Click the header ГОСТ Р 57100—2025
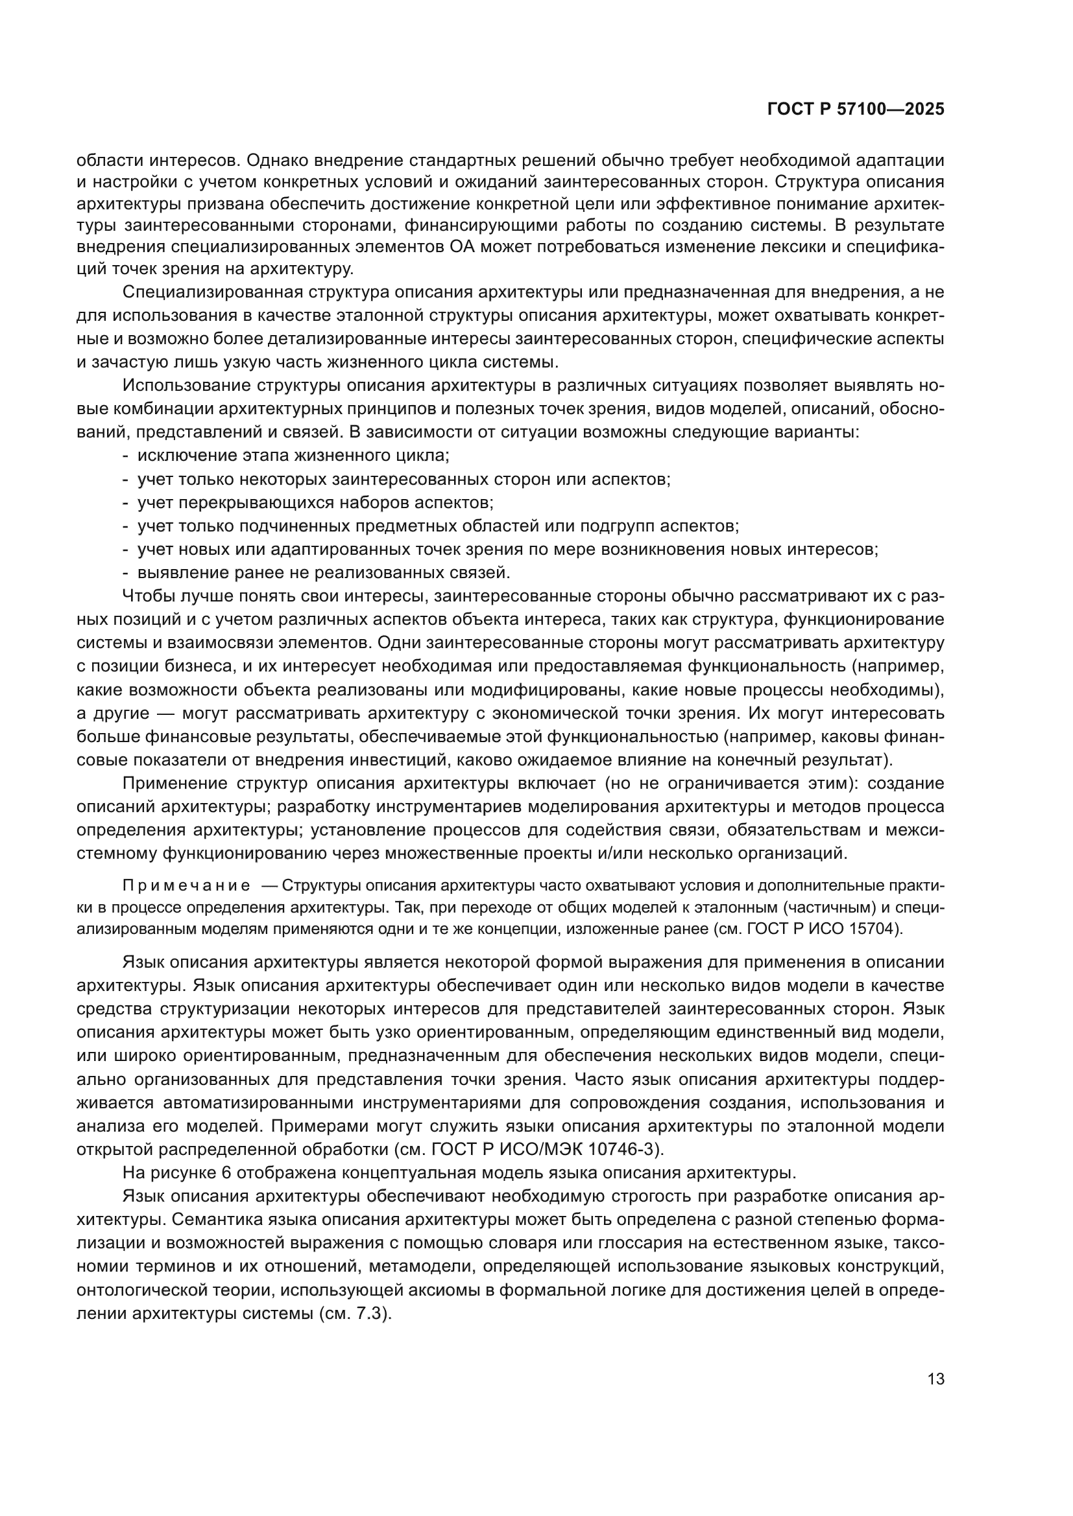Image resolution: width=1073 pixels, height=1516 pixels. (x=856, y=110)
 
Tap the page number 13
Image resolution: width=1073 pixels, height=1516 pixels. (x=935, y=1379)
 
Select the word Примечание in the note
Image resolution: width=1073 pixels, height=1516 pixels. (x=186, y=885)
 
